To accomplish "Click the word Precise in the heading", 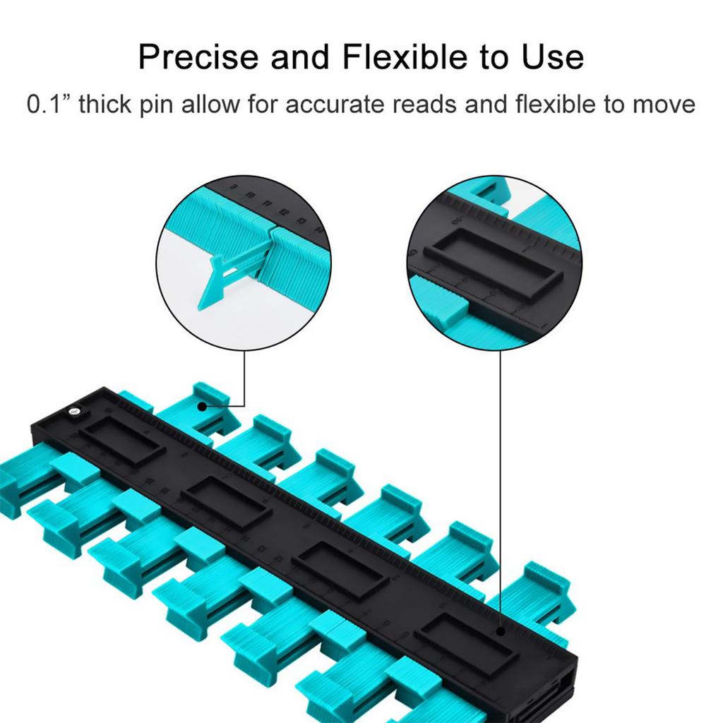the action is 198,56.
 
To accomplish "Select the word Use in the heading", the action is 553,56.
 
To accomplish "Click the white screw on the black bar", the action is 73,411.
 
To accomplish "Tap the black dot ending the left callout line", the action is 201,406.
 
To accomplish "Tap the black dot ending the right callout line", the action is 501,631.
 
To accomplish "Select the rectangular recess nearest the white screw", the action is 121,443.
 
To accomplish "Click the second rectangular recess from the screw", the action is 225,503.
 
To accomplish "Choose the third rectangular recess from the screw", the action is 340,570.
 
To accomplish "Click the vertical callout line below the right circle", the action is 501,489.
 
